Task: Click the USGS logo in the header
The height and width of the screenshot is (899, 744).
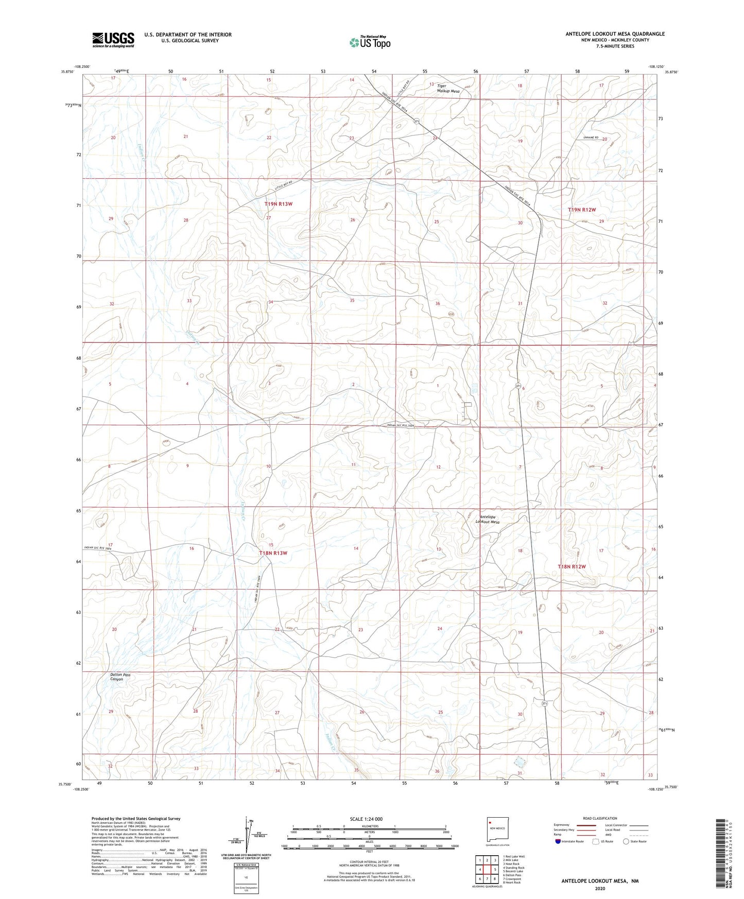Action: click(113, 40)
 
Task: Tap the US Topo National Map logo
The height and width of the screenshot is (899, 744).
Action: click(370, 42)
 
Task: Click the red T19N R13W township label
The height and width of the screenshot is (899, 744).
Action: click(279, 204)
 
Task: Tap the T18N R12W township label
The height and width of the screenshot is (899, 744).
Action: click(572, 566)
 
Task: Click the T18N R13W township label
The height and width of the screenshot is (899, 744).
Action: click(273, 553)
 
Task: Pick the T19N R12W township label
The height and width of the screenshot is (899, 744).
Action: click(581, 210)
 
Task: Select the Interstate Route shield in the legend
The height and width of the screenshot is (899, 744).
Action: click(558, 841)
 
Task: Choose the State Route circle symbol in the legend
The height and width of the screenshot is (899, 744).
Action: click(626, 841)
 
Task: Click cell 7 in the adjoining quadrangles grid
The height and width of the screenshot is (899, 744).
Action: click(487, 879)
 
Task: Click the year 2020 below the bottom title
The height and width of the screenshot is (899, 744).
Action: click(600, 888)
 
